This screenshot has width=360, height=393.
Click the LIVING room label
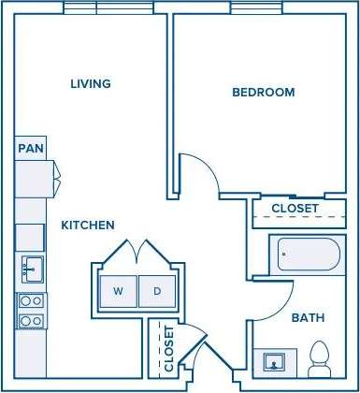click(x=91, y=84)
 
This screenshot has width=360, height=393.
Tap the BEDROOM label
click(x=263, y=93)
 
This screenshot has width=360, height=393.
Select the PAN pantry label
click(x=30, y=148)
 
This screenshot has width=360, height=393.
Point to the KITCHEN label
click(x=88, y=226)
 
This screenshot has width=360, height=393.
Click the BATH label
click(x=308, y=318)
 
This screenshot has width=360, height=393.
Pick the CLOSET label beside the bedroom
click(x=295, y=208)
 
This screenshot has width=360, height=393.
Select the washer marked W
click(x=118, y=291)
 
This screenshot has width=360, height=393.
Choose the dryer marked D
click(x=157, y=291)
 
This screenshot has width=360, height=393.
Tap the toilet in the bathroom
click(x=320, y=357)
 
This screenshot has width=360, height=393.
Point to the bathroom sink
click(x=276, y=361)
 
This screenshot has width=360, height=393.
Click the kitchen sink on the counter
click(x=31, y=269)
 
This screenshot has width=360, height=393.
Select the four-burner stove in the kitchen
click(x=31, y=311)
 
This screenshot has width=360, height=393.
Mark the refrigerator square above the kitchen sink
click(x=30, y=237)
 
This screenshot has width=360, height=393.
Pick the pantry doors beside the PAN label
click(x=54, y=172)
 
